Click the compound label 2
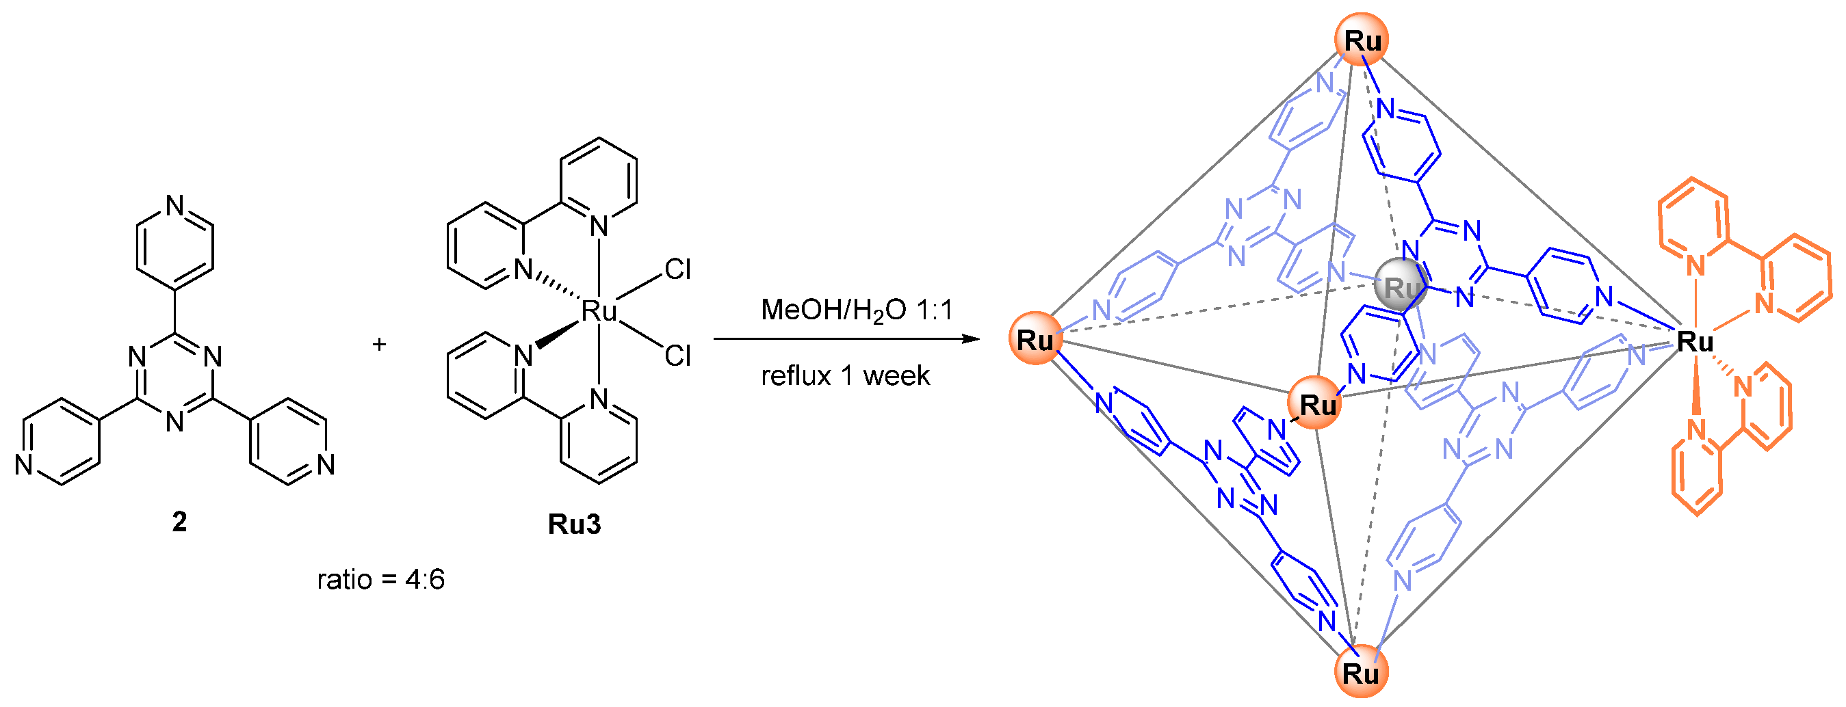pyautogui.click(x=179, y=522)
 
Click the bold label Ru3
pyautogui.click(x=574, y=524)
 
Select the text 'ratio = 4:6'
pyautogui.click(x=380, y=578)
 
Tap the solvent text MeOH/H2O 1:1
pyautogui.click(x=857, y=310)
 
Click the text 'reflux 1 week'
pyautogui.click(x=845, y=375)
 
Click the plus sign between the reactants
pyautogui.click(x=379, y=345)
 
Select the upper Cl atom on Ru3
pyautogui.click(x=677, y=269)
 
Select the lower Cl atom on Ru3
pyautogui.click(x=677, y=356)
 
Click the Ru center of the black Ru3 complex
pyautogui.click(x=599, y=312)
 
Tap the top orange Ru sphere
pyautogui.click(x=1362, y=40)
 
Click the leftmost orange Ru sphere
pyautogui.click(x=1035, y=339)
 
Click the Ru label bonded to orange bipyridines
pyautogui.click(x=1695, y=342)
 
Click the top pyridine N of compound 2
pyautogui.click(x=175, y=206)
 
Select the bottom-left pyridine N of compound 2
pyautogui.click(x=25, y=465)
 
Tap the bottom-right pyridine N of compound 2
pyautogui.click(x=326, y=465)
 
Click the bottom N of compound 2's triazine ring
pyautogui.click(x=175, y=421)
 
